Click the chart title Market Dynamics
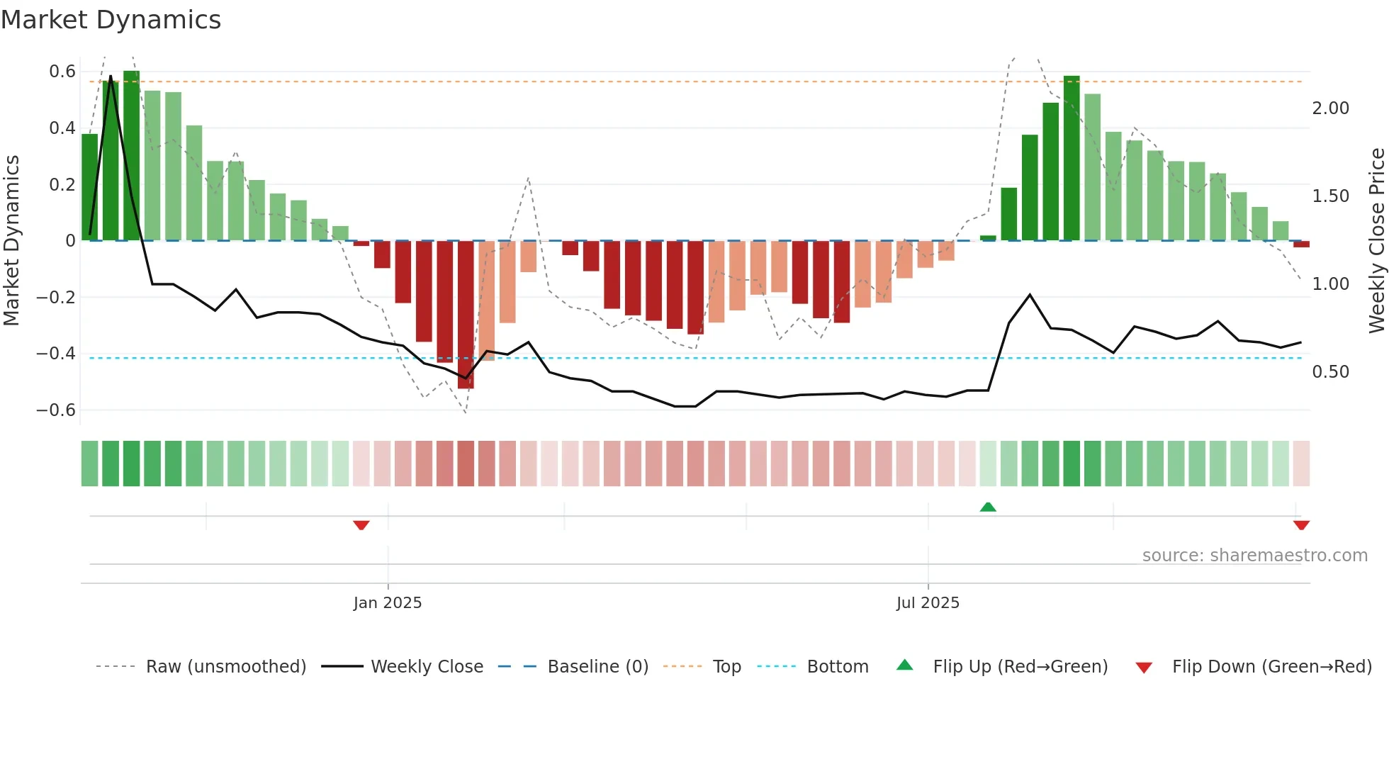111,20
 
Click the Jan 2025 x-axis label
388,603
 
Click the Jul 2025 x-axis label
928,603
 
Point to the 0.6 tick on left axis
62,72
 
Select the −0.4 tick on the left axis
56,354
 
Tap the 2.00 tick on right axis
1330,108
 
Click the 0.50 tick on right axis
1330,372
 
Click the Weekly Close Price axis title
1376,241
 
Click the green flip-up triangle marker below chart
988,507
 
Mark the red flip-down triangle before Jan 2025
361,525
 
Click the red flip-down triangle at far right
1301,525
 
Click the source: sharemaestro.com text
1254,556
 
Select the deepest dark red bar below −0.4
466,315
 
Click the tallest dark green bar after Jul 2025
1072,158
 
